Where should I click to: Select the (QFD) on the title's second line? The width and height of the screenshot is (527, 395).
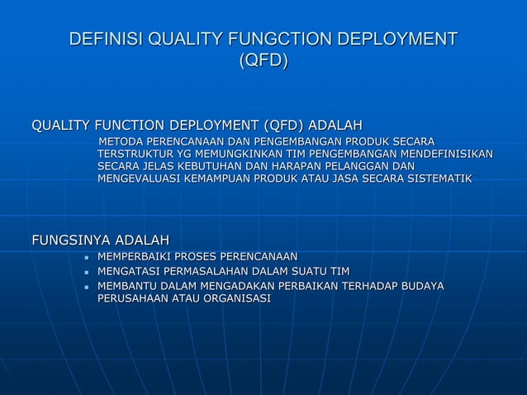(263, 61)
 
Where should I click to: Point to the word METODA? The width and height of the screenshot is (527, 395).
(121, 141)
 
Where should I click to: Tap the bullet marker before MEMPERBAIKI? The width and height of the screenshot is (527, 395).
(86, 258)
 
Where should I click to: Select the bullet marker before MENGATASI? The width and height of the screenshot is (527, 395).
(86, 272)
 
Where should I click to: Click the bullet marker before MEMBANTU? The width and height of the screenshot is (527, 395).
(86, 287)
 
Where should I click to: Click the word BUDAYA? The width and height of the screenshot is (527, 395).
(420, 286)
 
